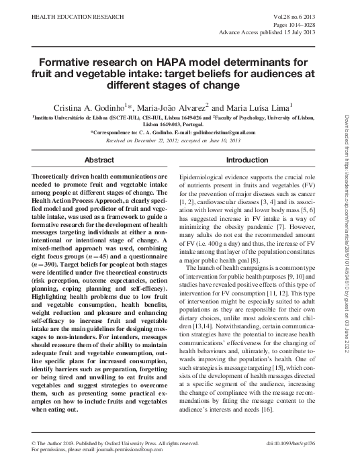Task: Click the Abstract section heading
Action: pos(98,161)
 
